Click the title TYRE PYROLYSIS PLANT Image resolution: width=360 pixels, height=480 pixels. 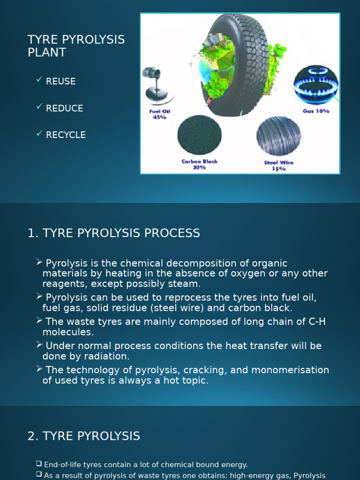76,46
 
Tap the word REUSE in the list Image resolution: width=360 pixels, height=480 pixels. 60,81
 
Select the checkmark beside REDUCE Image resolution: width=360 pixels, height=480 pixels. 39,107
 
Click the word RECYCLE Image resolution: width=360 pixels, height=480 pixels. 66,135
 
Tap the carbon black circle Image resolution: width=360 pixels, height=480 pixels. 199,135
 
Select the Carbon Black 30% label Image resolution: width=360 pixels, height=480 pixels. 199,164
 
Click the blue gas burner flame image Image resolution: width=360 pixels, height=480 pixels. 315,84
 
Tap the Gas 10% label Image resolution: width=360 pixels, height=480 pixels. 316,111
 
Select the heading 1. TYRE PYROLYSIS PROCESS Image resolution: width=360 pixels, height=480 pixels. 114,233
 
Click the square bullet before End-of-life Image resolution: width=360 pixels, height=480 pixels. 39,464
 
